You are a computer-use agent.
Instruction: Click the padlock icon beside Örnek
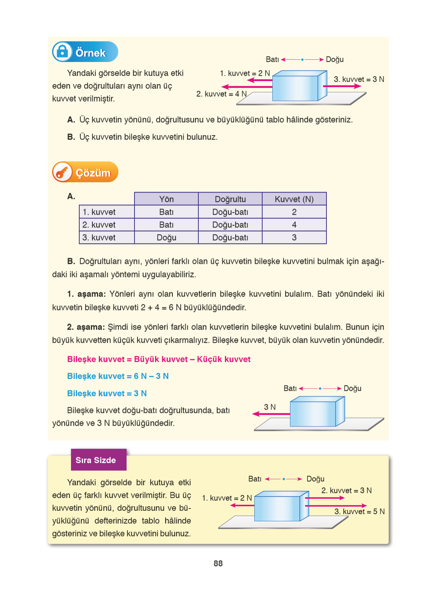[x=62, y=51]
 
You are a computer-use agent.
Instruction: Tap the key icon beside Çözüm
[x=62, y=172]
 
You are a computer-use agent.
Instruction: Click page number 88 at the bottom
[x=218, y=563]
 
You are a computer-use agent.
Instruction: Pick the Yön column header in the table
[x=166, y=199]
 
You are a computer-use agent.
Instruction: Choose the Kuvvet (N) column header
[x=294, y=199]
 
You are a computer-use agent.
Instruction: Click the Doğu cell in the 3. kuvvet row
[x=166, y=238]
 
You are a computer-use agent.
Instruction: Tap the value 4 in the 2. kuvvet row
[x=294, y=225]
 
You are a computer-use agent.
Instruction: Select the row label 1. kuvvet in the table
[x=99, y=212]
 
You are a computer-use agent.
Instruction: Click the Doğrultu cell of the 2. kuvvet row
[x=230, y=225]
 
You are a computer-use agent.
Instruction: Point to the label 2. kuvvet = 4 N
[x=221, y=94]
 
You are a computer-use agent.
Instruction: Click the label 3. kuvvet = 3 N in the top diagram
[x=359, y=79]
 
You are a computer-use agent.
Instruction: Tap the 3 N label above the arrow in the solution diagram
[x=270, y=407]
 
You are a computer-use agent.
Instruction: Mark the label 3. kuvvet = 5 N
[x=360, y=512]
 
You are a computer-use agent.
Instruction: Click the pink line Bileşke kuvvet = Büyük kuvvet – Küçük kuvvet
[x=159, y=359]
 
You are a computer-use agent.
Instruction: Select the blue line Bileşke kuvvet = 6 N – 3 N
[x=118, y=376]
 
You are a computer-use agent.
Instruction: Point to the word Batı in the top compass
[x=272, y=59]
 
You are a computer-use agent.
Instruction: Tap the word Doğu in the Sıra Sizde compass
[x=315, y=479]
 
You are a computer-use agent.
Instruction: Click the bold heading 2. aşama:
[x=86, y=327]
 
